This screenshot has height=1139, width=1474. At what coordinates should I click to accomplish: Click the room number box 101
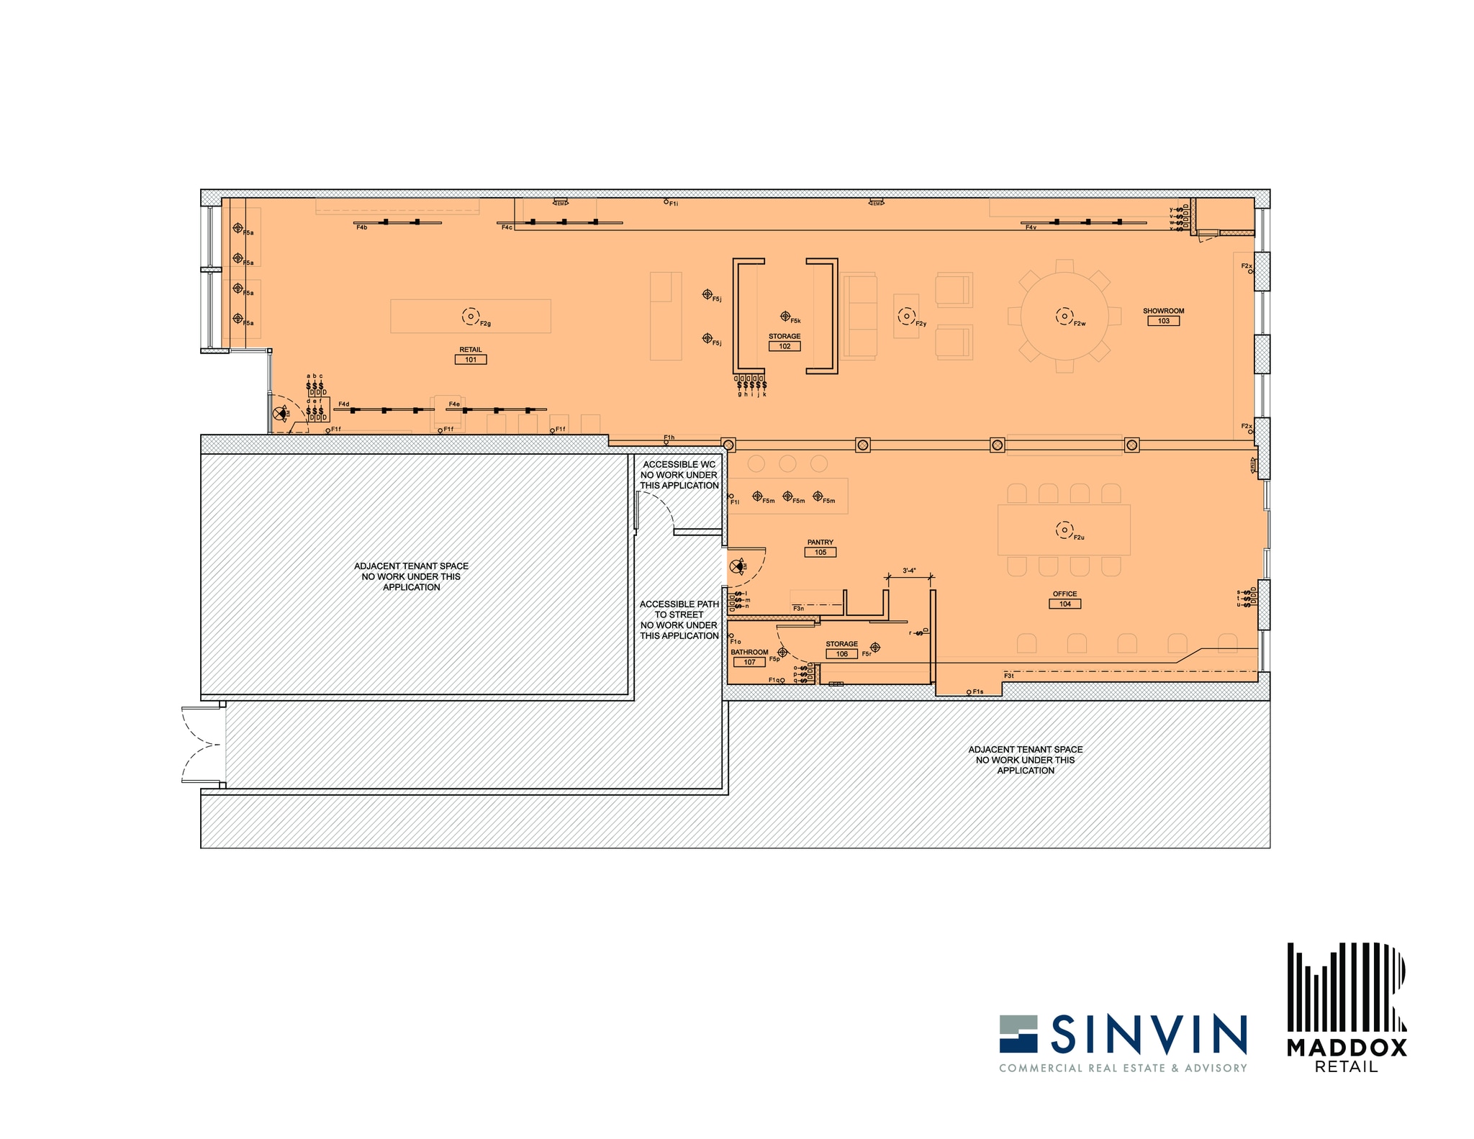(x=471, y=360)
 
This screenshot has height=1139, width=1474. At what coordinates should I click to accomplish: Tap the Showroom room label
(x=1163, y=311)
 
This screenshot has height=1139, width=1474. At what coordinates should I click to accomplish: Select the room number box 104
(x=1064, y=604)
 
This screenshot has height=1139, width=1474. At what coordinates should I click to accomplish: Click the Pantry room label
(x=820, y=543)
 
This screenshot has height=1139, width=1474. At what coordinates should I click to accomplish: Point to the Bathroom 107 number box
(x=749, y=662)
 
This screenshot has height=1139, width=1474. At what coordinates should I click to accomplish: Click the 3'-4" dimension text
(x=909, y=571)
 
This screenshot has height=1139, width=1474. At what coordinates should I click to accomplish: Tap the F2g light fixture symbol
(x=471, y=316)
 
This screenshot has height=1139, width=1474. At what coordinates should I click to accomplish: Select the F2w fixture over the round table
(x=1064, y=316)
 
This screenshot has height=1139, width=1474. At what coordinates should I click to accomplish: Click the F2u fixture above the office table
(x=1064, y=530)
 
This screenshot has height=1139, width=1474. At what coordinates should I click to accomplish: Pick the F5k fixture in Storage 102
(x=785, y=316)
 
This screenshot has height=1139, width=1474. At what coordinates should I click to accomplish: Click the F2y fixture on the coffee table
(x=906, y=316)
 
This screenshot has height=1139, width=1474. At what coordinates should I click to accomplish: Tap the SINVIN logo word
(x=1149, y=1033)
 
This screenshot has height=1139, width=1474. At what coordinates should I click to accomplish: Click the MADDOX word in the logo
(x=1347, y=1048)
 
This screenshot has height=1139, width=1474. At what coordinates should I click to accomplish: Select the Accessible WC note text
(x=679, y=475)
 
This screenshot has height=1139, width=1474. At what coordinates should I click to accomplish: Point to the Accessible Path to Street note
(x=679, y=620)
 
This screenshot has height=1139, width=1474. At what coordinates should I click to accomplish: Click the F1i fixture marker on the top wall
(x=666, y=202)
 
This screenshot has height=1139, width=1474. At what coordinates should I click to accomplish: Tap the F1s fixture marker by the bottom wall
(x=969, y=692)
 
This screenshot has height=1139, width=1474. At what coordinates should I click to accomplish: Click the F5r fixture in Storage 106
(x=875, y=648)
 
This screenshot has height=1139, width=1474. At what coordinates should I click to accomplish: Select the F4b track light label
(x=361, y=227)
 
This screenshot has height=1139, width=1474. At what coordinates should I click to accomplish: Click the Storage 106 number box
(x=841, y=654)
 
